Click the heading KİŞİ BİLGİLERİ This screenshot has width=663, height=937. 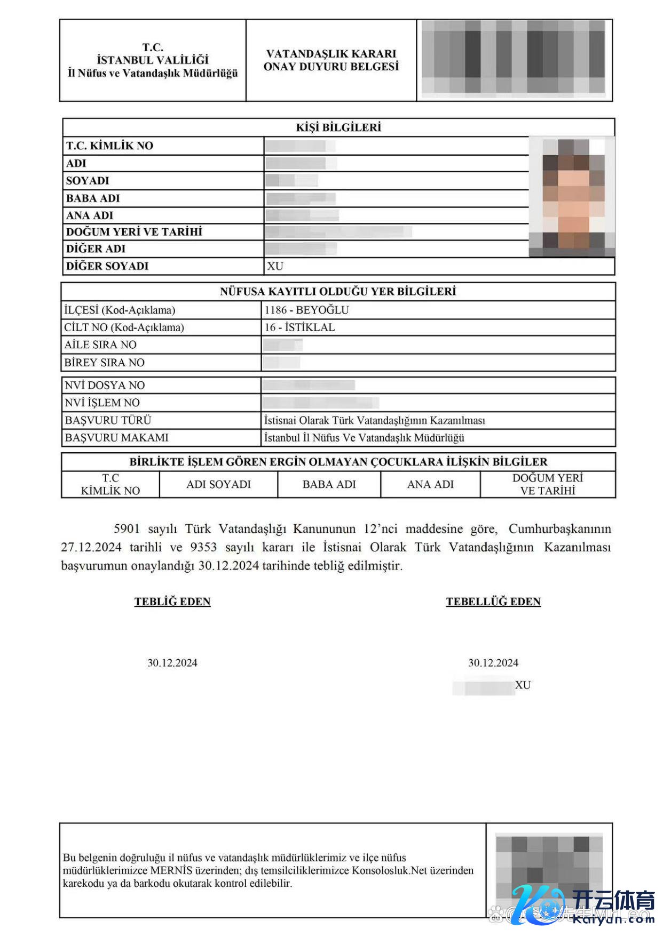(x=338, y=127)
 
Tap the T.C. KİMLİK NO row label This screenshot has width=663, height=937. (x=109, y=146)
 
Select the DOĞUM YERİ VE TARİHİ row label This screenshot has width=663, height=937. (x=134, y=232)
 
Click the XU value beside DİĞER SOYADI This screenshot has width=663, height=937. (x=275, y=266)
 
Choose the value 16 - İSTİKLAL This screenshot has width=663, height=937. (x=299, y=327)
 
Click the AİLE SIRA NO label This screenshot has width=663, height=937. (x=100, y=345)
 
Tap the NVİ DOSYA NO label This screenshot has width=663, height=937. (x=105, y=385)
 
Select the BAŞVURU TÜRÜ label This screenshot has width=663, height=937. (x=108, y=420)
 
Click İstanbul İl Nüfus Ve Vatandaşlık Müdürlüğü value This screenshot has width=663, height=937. (x=364, y=438)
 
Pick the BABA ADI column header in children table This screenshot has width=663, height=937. (x=329, y=484)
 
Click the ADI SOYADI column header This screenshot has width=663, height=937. (x=218, y=484)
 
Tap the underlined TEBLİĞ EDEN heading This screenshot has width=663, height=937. (x=172, y=602)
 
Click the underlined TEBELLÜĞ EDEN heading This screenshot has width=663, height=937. (x=493, y=602)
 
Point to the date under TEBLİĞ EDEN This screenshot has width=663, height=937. (x=172, y=663)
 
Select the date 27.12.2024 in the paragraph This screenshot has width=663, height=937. (x=91, y=547)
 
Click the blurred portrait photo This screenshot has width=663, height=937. (x=571, y=195)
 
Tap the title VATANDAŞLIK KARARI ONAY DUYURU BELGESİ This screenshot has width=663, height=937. (x=331, y=60)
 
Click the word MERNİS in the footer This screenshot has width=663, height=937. (x=171, y=870)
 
